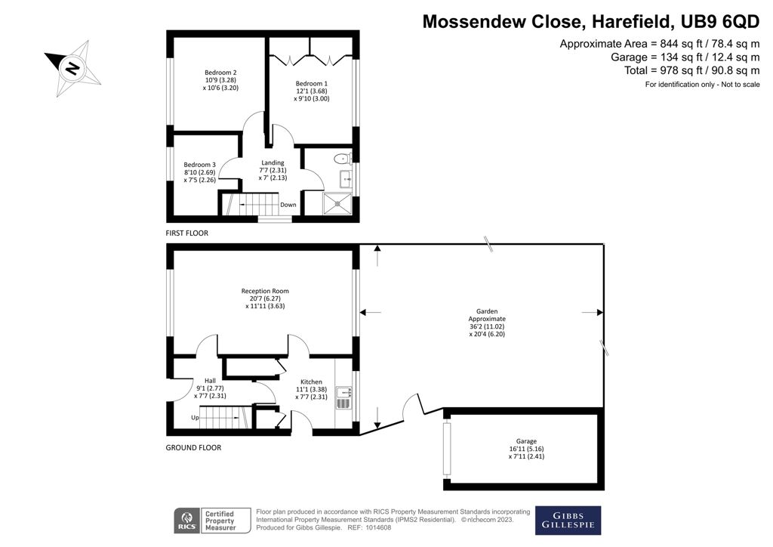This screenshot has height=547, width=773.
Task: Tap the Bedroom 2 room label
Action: click(221, 73)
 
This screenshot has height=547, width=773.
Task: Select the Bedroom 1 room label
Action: click(312, 83)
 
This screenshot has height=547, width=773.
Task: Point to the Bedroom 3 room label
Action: click(199, 165)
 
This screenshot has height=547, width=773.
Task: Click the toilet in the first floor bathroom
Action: click(343, 159)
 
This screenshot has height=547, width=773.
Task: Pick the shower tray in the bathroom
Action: click(337, 202)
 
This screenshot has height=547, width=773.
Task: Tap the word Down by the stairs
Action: click(288, 205)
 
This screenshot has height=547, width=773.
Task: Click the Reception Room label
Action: click(265, 291)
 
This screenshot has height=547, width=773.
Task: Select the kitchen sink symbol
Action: click(343, 393)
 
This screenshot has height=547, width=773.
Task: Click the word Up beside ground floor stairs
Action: click(195, 418)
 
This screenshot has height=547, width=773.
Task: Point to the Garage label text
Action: click(526, 441)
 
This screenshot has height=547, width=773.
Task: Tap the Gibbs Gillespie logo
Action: click(568, 521)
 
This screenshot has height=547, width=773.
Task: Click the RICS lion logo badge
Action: click(187, 521)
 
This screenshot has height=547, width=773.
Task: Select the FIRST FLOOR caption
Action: click(187, 233)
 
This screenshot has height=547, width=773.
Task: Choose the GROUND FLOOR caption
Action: click(193, 447)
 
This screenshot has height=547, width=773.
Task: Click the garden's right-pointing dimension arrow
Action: click(593, 312)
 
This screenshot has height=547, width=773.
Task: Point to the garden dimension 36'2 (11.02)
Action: click(487, 326)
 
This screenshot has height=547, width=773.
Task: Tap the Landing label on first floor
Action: click(273, 162)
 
